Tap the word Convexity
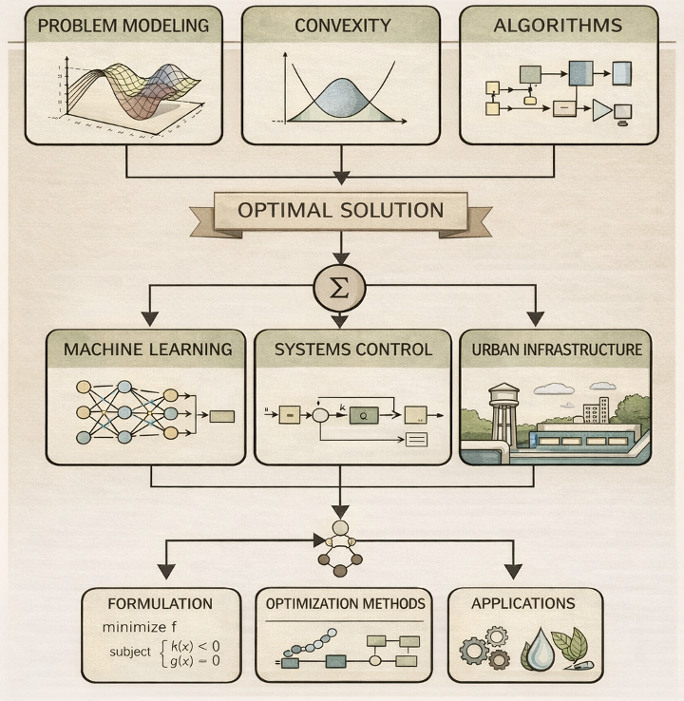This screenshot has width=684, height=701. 341,26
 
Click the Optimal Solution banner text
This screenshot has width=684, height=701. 340,211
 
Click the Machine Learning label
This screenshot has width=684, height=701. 147,350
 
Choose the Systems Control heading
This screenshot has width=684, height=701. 352,350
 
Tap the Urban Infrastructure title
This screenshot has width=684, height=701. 557,350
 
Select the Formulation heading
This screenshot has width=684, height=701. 160,603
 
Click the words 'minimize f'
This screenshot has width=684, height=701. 140,627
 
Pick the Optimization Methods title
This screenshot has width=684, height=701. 345,603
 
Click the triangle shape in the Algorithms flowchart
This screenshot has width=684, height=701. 601,110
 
